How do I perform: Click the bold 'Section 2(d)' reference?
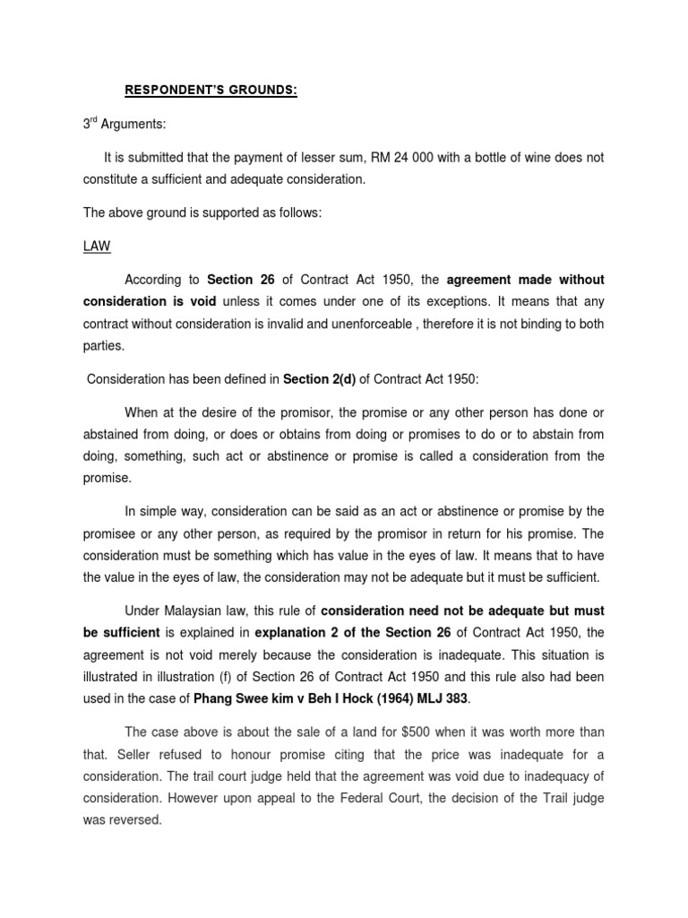(x=319, y=378)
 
